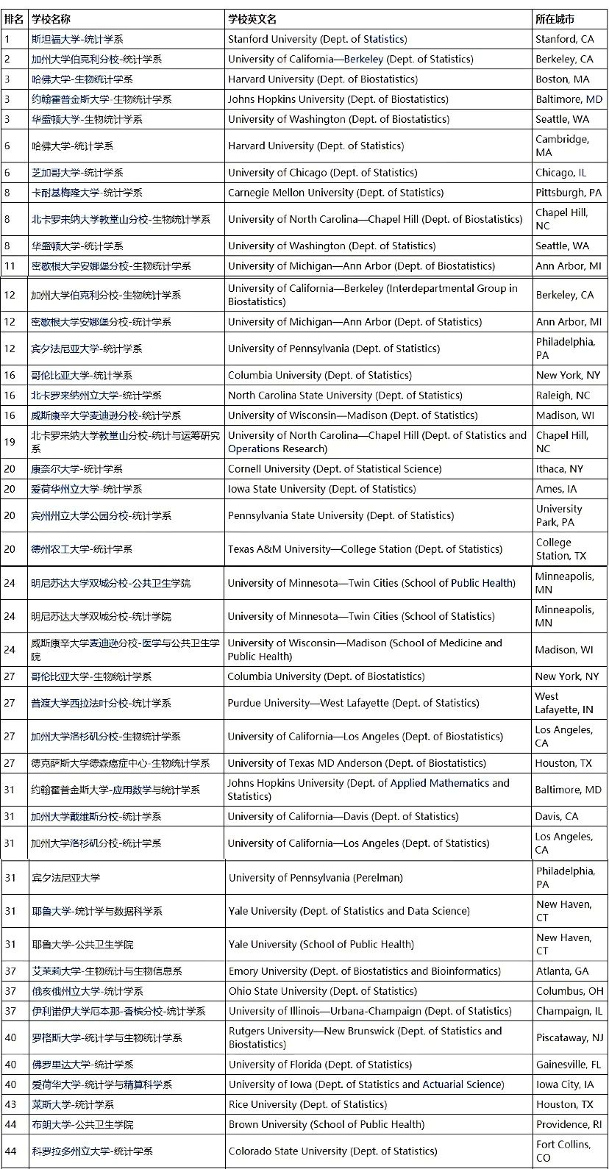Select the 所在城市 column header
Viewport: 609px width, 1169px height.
(x=555, y=19)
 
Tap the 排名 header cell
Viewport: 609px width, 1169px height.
(x=14, y=19)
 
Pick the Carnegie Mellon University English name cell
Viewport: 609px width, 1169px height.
(x=335, y=193)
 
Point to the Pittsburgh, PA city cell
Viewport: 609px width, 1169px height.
(x=568, y=193)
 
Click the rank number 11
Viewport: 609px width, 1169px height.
(x=10, y=266)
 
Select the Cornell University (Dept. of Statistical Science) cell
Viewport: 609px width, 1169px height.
(x=335, y=469)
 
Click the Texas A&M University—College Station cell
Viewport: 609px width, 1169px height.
(x=365, y=549)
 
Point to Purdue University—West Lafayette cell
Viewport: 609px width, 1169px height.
(x=320, y=704)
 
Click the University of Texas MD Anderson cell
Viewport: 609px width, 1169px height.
(x=357, y=764)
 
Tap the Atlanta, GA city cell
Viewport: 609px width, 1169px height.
(x=562, y=971)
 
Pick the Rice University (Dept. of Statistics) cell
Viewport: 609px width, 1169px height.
(x=307, y=1105)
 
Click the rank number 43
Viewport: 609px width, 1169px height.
(x=10, y=1105)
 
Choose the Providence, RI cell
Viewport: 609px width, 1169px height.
(x=569, y=1125)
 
